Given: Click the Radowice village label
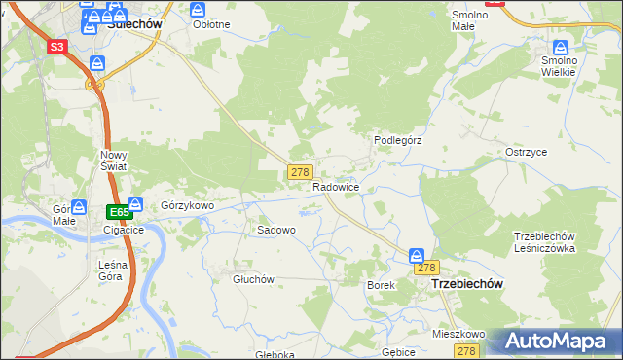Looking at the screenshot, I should point(337,187).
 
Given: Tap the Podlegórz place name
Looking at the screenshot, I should point(397,140).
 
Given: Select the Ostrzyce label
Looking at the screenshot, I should point(526,153).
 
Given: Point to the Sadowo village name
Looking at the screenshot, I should point(275,230).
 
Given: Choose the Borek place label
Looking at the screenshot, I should point(380,285).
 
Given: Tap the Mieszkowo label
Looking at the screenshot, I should point(458,333).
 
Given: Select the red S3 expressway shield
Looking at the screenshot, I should point(56,46).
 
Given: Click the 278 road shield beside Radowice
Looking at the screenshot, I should point(300,171).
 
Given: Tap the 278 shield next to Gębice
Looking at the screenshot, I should point(468,351).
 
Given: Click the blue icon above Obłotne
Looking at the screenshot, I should point(199,9).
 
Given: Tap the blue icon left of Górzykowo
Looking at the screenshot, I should point(135,205).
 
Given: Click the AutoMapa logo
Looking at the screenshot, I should point(556,342).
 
